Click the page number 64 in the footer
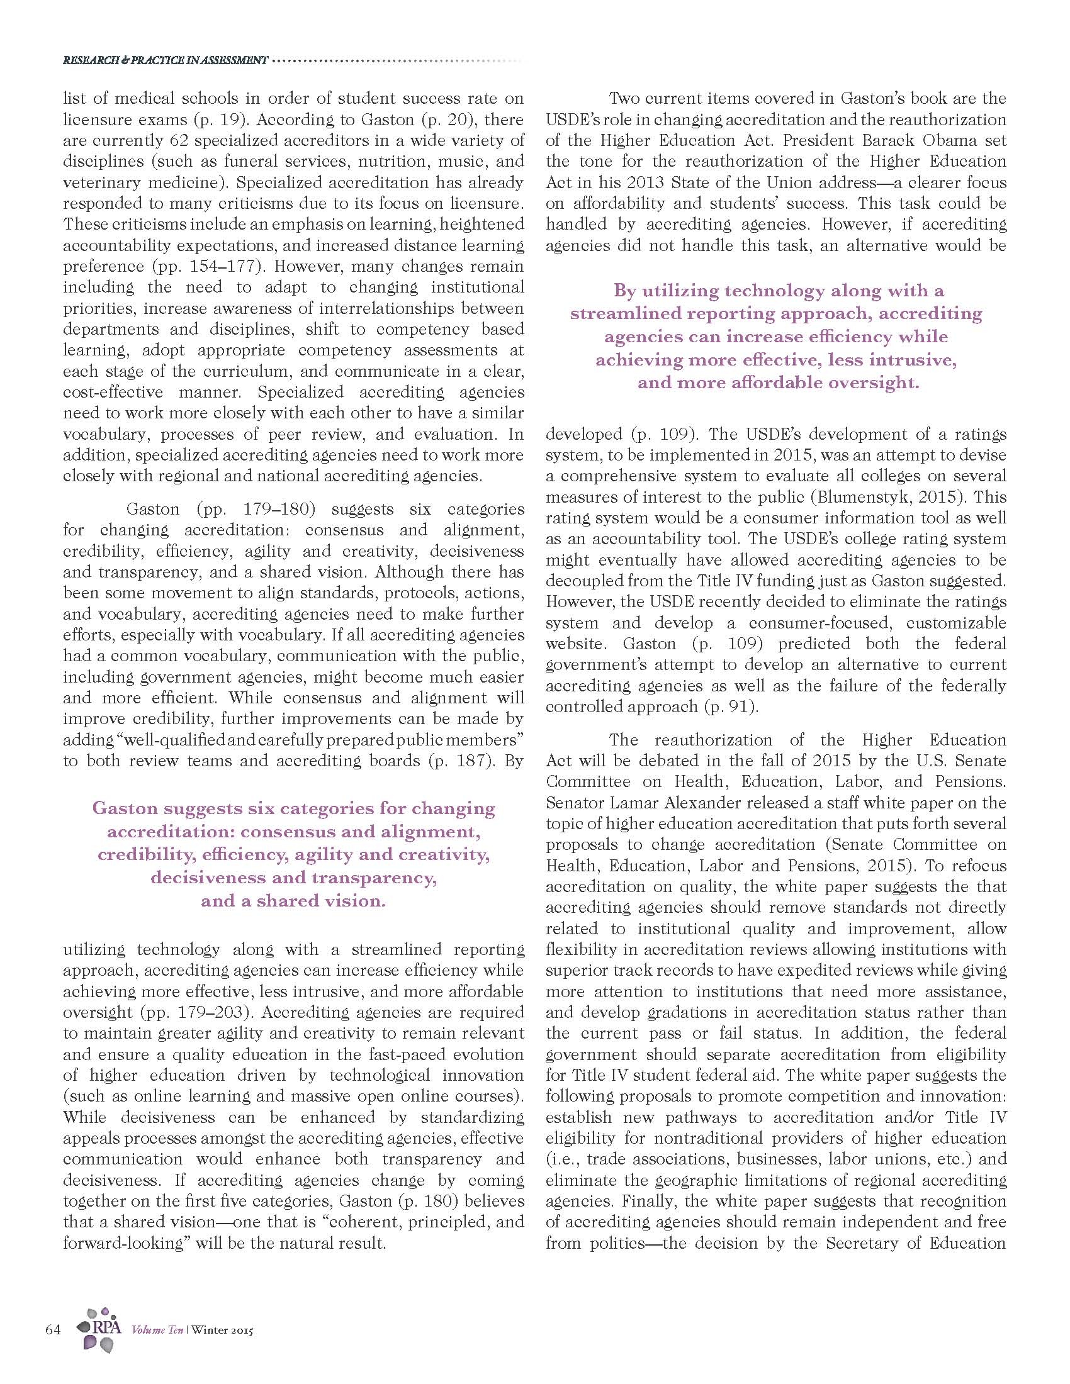click(x=53, y=1329)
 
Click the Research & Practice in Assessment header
click(x=166, y=61)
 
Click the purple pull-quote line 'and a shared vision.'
click(x=293, y=901)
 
